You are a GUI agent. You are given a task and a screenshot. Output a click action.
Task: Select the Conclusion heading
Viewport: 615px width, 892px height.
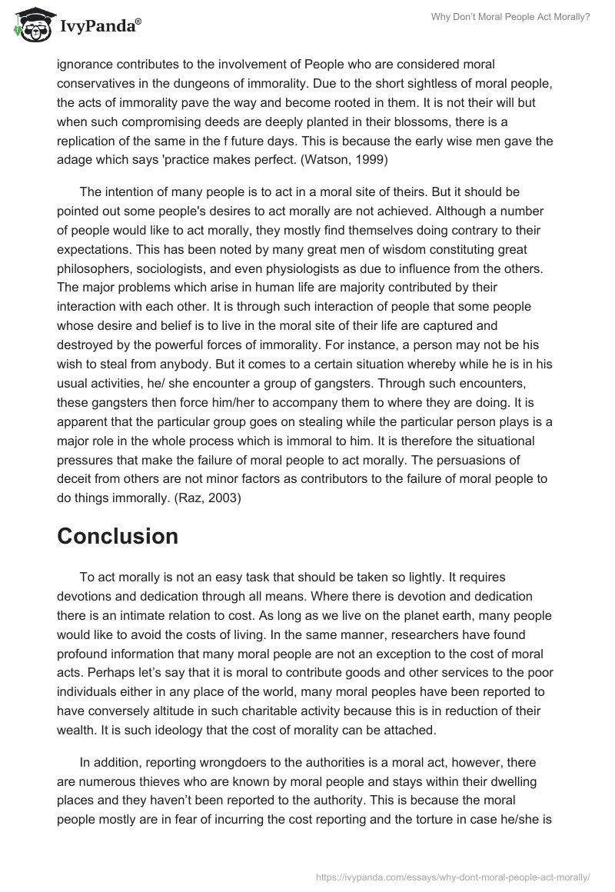tap(118, 537)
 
